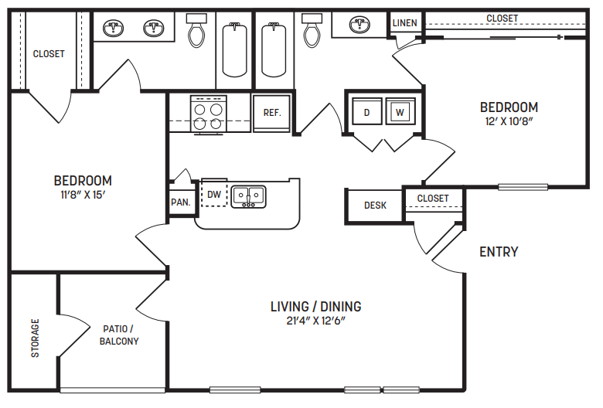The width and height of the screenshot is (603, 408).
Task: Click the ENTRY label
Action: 499,252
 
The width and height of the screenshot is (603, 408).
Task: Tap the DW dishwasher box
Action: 214,195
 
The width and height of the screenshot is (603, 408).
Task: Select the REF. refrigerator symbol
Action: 271,113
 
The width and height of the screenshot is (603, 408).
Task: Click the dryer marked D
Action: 366,112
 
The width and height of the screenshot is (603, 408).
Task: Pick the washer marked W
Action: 400,112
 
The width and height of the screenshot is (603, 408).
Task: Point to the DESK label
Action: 375,206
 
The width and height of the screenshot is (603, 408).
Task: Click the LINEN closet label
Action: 404,23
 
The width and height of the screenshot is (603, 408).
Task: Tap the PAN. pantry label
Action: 181,202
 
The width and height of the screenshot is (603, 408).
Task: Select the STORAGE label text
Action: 35,338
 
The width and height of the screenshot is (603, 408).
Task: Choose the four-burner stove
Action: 209,115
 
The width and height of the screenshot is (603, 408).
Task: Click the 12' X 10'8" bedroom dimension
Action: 508,121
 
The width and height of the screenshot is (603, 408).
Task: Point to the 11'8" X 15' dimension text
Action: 83,195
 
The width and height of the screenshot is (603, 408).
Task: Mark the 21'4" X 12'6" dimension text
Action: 315,321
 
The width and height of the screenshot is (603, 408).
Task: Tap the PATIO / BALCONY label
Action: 119,334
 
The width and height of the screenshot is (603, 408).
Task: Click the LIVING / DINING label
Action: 315,306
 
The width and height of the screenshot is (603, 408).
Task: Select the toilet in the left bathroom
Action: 196,32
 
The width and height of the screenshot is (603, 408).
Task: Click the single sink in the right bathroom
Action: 359,24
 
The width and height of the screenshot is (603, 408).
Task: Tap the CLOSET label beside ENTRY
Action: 432,199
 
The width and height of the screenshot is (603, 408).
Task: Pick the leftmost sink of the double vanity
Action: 115,29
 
